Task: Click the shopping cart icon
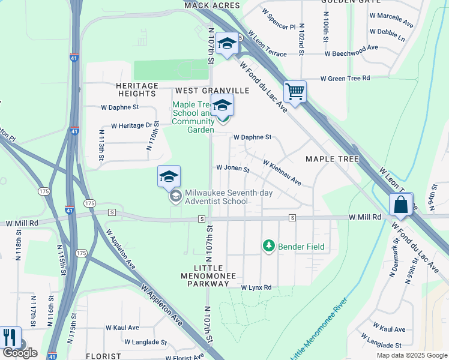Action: pos(295,92)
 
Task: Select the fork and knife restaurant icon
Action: pos(9,337)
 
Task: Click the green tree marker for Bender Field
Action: pos(269,246)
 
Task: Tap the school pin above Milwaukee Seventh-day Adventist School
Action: pos(169,176)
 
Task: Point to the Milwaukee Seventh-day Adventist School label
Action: pos(216,197)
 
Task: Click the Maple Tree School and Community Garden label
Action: pos(193,117)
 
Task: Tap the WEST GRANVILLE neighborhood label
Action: pos(212,91)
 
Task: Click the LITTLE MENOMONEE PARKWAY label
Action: pos(209,272)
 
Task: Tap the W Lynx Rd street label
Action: pos(256,288)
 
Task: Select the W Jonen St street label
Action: pos(232,169)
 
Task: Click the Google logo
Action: pos(20,353)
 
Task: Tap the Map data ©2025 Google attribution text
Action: pos(411,355)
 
